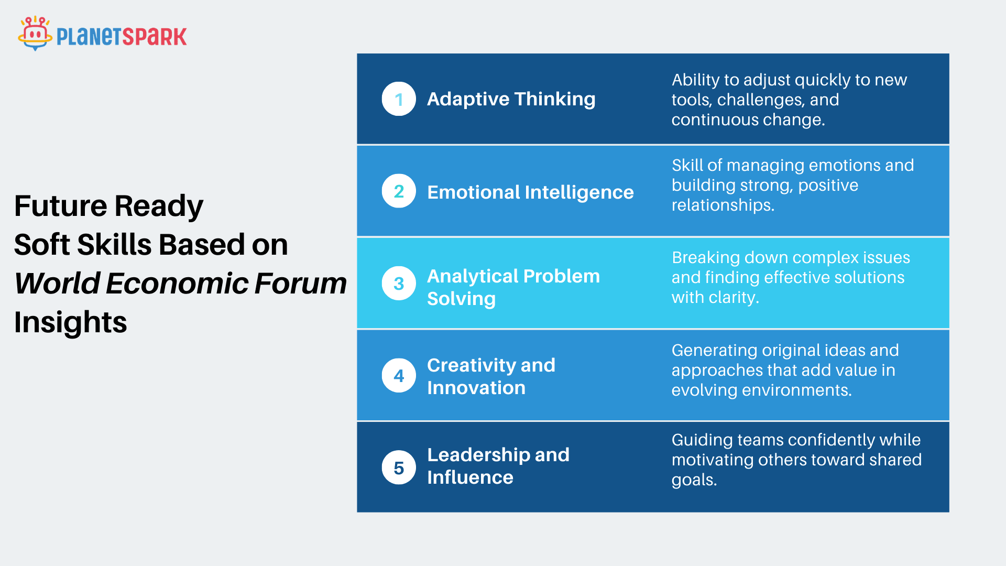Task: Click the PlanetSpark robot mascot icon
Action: [x=35, y=33]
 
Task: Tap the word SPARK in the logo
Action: [x=154, y=37]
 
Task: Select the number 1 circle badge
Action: [x=399, y=99]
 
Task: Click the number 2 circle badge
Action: [x=399, y=191]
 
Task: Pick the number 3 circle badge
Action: [x=399, y=283]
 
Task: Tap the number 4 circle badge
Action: [x=399, y=375]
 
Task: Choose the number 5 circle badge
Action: [x=399, y=467]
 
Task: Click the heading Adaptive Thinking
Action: [x=511, y=99]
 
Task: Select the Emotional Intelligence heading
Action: [x=530, y=192]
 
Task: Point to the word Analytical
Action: [x=473, y=277]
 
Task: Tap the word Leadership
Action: [x=478, y=455]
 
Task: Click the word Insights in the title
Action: [x=71, y=322]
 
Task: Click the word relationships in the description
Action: [x=723, y=205]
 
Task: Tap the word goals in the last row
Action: [x=694, y=480]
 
